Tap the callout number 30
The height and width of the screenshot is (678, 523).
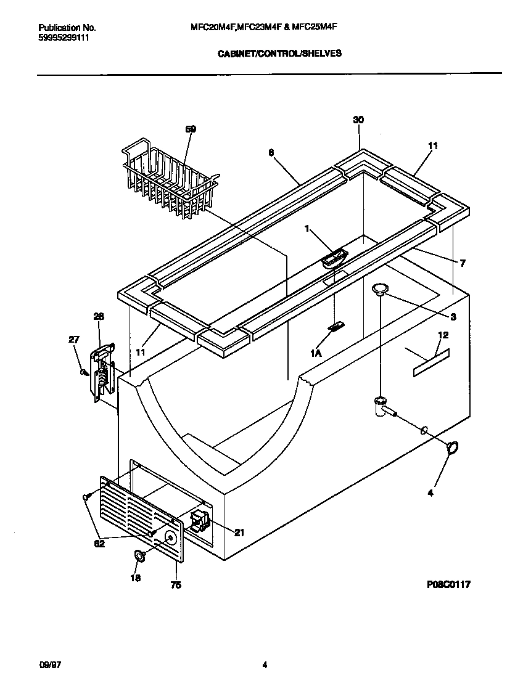358,120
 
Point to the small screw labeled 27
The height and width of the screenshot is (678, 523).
82,372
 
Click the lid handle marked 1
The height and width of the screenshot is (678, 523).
334,258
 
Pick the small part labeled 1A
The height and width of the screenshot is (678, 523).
337,327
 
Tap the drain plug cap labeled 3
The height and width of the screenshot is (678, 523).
380,288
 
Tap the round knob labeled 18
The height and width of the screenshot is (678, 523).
139,557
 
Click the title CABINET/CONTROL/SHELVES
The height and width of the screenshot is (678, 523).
280,54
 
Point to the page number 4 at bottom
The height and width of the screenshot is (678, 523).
265,664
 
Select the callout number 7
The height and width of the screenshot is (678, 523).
462,263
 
